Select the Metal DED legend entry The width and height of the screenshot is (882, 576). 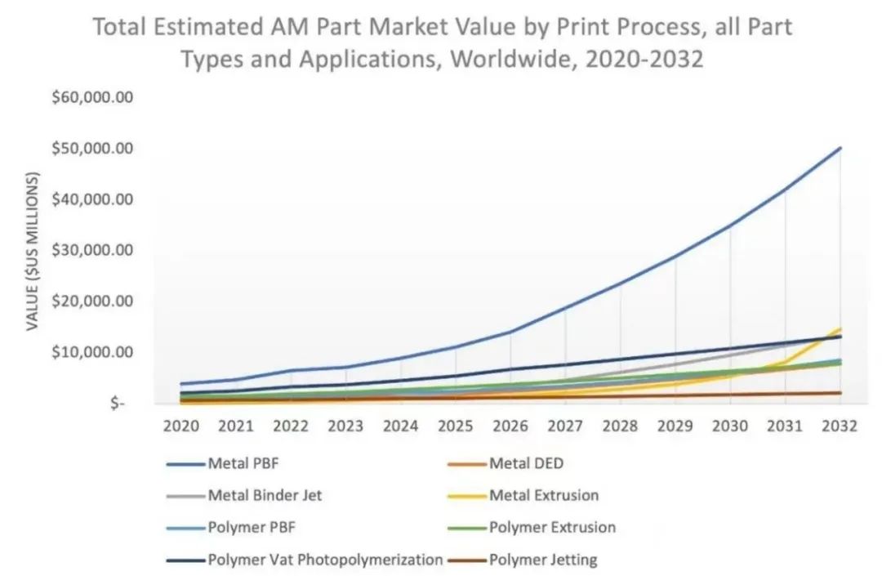point(526,464)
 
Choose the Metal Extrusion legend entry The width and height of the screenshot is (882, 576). point(544,495)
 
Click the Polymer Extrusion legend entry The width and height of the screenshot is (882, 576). point(552,527)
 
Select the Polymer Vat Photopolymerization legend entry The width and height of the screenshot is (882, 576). point(325,560)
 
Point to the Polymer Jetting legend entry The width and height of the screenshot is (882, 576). point(543,560)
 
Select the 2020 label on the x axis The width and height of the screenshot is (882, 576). point(180,426)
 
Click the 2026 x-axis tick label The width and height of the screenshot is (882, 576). point(510,426)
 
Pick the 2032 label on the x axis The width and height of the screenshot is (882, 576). point(840,426)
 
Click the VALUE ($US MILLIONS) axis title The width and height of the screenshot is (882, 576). point(33,252)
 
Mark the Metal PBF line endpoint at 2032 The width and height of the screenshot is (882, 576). point(840,148)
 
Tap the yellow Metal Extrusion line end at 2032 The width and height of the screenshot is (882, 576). point(840,329)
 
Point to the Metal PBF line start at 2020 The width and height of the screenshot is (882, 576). point(181,384)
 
